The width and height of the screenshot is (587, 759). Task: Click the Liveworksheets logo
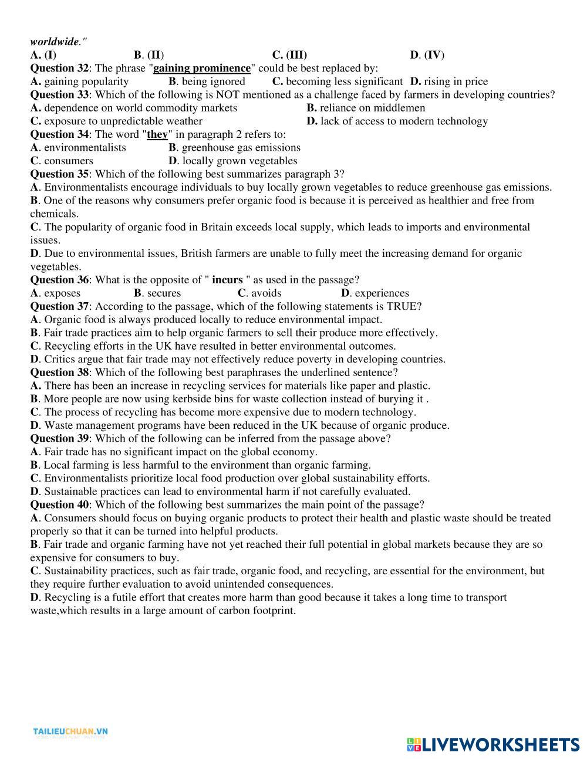[492, 744]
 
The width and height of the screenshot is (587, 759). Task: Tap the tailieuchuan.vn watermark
[70, 731]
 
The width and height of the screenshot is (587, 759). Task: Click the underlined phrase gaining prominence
[201, 68]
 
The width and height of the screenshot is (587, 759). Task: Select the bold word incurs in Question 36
[227, 280]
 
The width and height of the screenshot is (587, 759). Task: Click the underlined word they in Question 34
[157, 134]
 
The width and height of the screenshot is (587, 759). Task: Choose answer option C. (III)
[289, 55]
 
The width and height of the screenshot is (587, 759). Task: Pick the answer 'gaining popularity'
[86, 82]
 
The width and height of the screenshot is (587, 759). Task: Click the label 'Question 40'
[59, 504]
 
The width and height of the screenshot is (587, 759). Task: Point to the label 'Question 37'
[59, 306]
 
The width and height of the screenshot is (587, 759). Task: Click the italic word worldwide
[55, 42]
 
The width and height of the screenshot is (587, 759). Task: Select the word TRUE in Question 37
[402, 306]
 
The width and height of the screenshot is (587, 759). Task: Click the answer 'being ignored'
[213, 82]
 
